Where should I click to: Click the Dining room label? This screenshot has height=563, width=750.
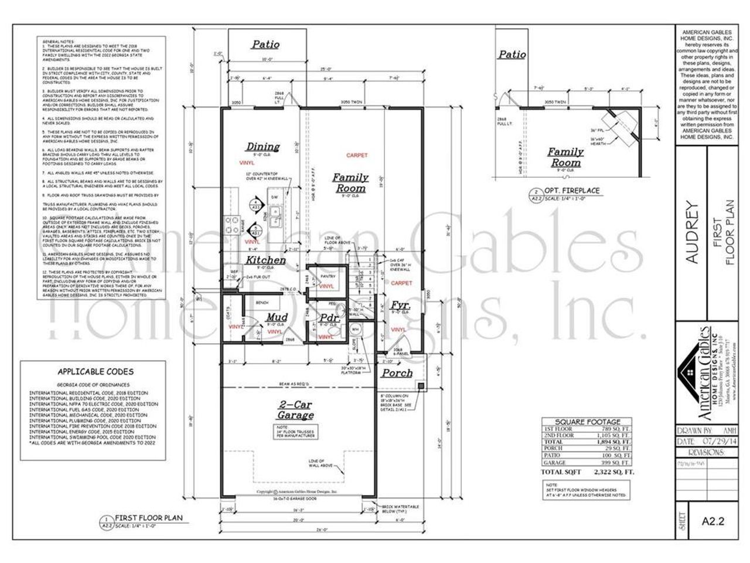point(262,147)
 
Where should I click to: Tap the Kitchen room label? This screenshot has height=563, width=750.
point(265,260)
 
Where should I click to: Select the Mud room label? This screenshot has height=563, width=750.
point(276,318)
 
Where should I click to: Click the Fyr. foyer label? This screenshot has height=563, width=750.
point(400,306)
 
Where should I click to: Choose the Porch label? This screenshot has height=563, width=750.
point(397,373)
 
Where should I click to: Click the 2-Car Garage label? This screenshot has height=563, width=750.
point(296,409)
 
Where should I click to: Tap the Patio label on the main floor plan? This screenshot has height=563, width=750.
point(265,44)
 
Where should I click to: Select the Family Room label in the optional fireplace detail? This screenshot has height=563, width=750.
point(565,157)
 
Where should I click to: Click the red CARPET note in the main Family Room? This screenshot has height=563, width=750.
point(357,155)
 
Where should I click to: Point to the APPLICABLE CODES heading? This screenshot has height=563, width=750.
point(95,371)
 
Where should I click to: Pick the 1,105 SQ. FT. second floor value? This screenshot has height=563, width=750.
point(615,435)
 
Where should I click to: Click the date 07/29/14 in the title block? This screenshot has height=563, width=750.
point(711,440)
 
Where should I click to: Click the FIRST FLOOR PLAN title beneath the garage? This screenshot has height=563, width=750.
point(149,518)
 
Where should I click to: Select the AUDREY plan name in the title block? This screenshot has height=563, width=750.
point(691,233)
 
